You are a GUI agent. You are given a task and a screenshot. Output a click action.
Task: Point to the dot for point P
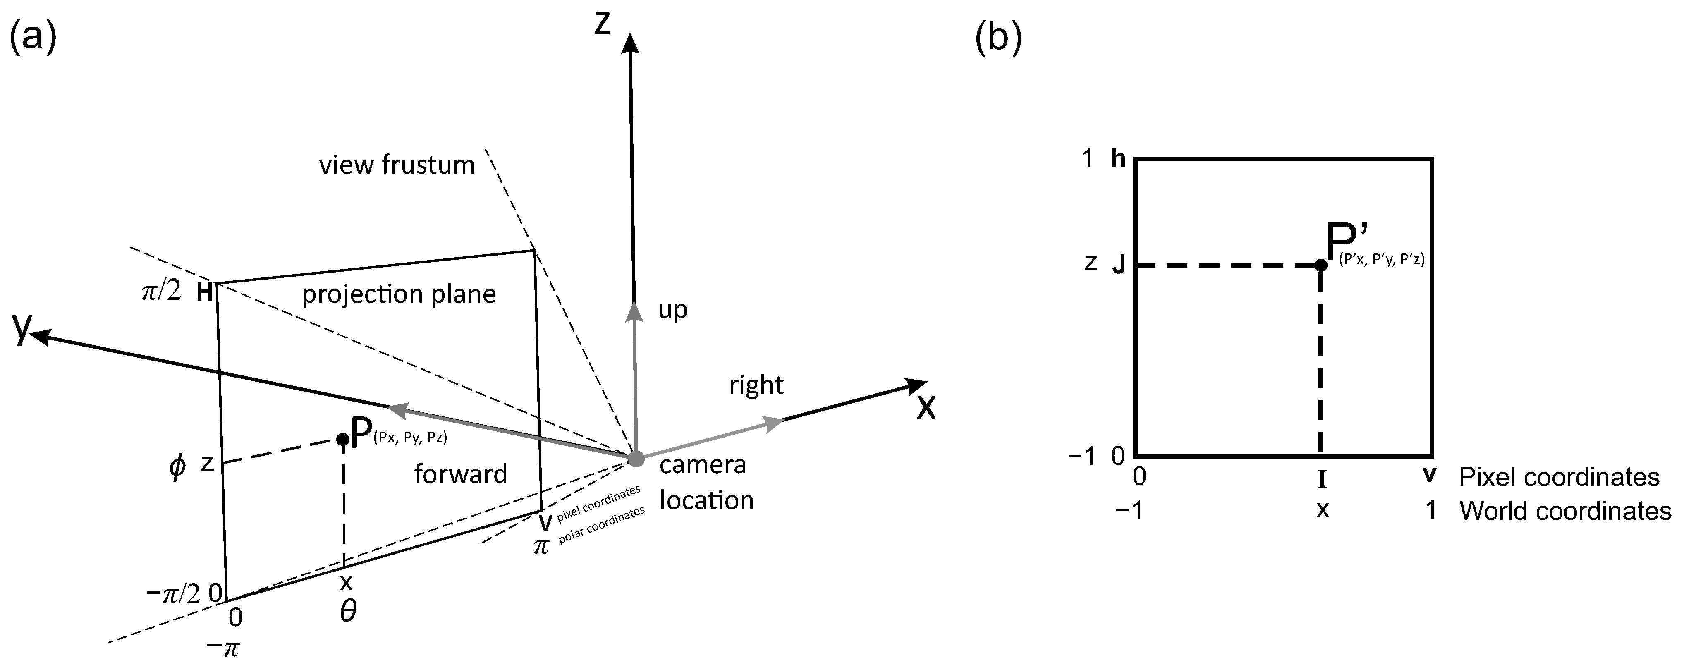tap(342, 439)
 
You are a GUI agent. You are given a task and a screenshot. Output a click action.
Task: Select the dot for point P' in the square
tap(1320, 265)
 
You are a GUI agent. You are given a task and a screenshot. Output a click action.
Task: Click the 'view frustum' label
tap(397, 165)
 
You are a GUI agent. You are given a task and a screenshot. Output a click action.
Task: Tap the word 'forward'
tap(460, 474)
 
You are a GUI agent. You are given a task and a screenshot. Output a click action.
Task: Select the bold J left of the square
tap(1119, 265)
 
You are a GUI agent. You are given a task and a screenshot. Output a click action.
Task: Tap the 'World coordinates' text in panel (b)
tap(1565, 511)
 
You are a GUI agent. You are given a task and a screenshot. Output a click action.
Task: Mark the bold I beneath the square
tap(1321, 481)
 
